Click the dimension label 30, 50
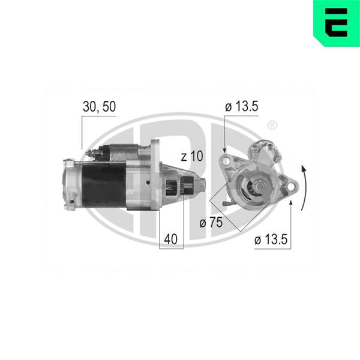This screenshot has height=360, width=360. (x=99, y=107)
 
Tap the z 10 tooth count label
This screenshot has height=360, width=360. (x=192, y=156)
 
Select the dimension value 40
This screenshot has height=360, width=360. (x=170, y=239)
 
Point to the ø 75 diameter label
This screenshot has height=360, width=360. (x=211, y=223)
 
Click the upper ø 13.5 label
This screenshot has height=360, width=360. (x=242, y=106)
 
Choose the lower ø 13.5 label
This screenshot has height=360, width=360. (x=271, y=239)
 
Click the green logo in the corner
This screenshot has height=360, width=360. (x=337, y=23)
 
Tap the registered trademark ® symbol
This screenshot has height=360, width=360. (x=272, y=125)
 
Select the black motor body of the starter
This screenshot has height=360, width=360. (x=104, y=185)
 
